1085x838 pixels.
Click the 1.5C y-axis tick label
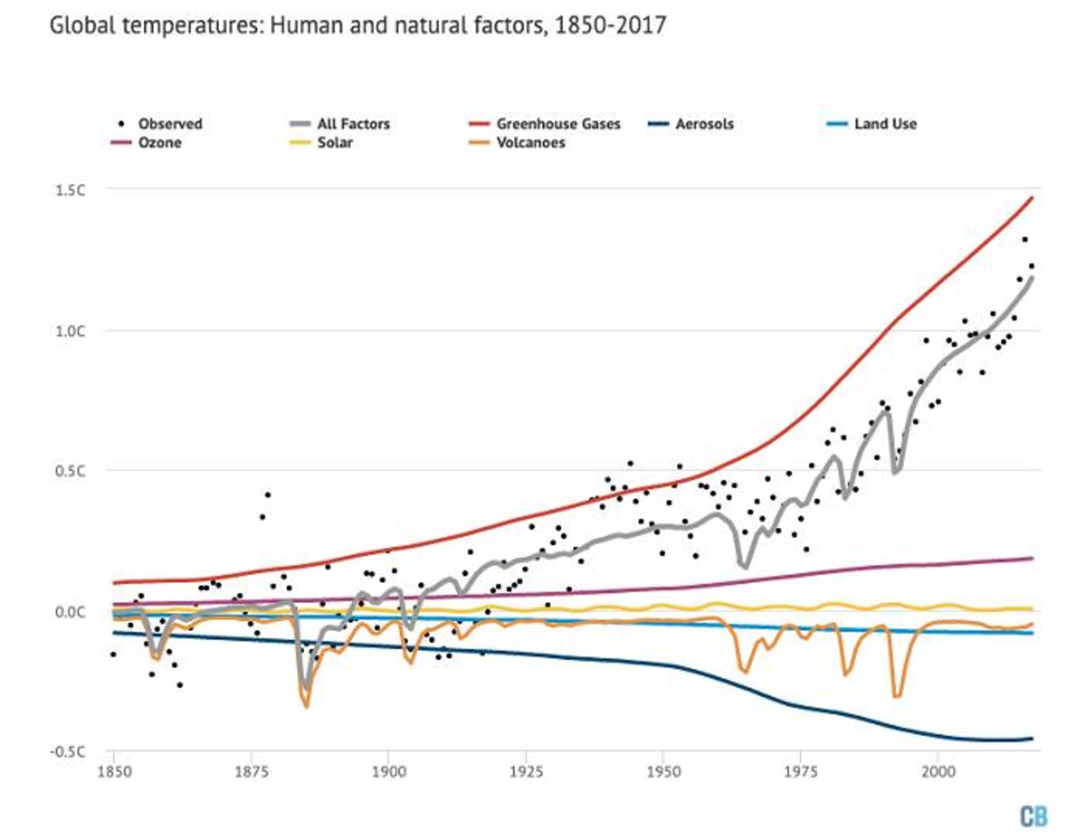(x=70, y=190)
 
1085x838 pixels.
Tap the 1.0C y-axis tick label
(x=70, y=331)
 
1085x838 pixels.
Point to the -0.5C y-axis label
(x=67, y=752)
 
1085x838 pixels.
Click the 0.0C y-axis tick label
(x=70, y=612)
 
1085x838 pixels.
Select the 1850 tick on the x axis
(x=115, y=772)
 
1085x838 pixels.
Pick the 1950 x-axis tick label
(x=663, y=772)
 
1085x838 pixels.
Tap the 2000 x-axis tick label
(x=938, y=772)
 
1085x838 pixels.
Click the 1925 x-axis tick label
(x=526, y=772)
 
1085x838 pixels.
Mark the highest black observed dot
(x=1025, y=239)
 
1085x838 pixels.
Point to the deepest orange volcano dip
(x=306, y=706)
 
